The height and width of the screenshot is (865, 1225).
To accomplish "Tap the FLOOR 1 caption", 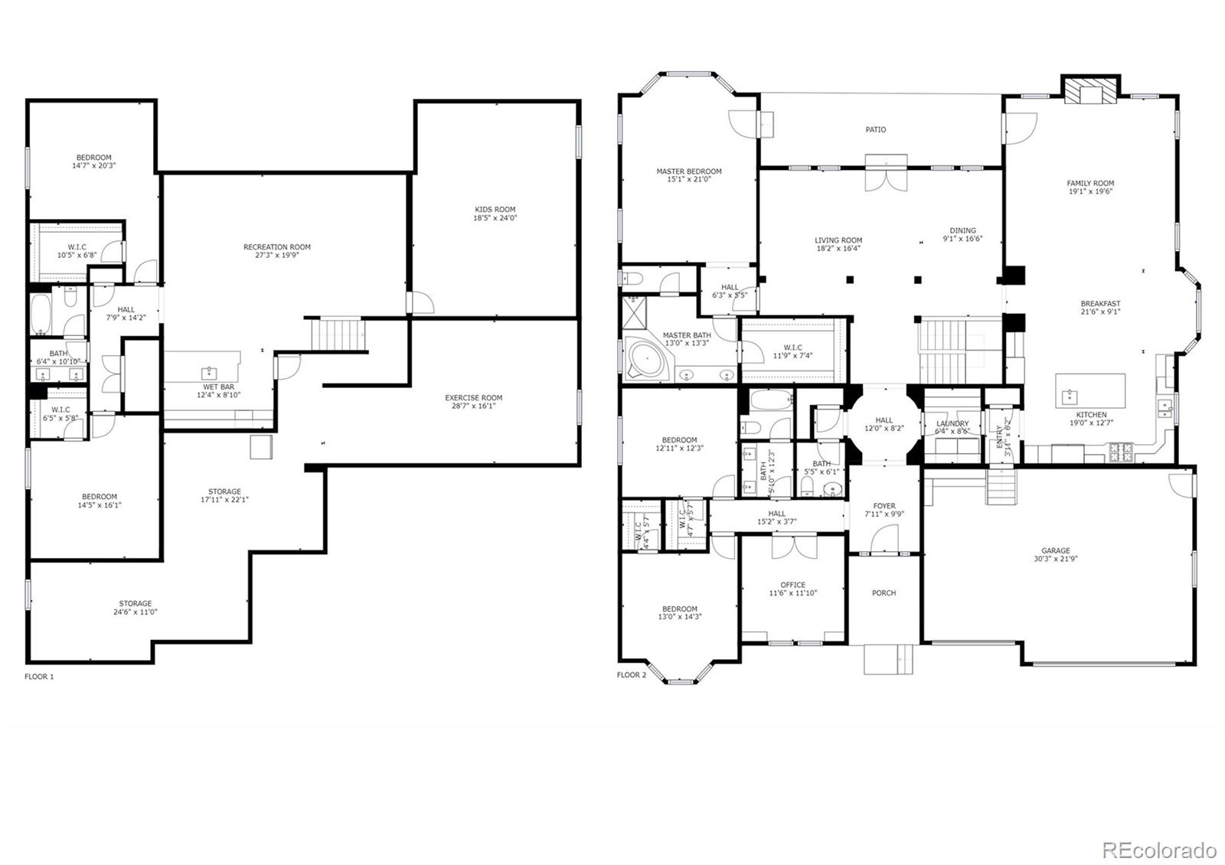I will [39, 677].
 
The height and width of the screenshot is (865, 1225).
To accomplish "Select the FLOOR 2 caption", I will [632, 675].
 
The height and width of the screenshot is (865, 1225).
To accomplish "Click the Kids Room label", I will [495, 209].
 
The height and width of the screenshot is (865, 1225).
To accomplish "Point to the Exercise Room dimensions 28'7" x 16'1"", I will [473, 406].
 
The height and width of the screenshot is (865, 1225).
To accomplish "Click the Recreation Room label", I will [277, 246].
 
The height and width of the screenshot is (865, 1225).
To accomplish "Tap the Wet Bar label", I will [213, 387].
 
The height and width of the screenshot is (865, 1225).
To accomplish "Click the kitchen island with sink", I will [1090, 392].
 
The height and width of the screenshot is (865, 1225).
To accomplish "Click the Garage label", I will [1055, 550].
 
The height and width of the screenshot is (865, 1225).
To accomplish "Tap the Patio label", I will [876, 129].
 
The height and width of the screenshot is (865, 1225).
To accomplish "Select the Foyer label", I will [884, 506].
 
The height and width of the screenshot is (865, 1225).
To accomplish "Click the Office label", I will [792, 585].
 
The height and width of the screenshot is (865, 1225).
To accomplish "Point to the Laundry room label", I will [952, 423].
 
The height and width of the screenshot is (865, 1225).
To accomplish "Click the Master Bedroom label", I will [688, 171].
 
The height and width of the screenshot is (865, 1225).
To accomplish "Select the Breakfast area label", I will [1100, 303].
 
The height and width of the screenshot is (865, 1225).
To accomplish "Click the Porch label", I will [884, 592].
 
